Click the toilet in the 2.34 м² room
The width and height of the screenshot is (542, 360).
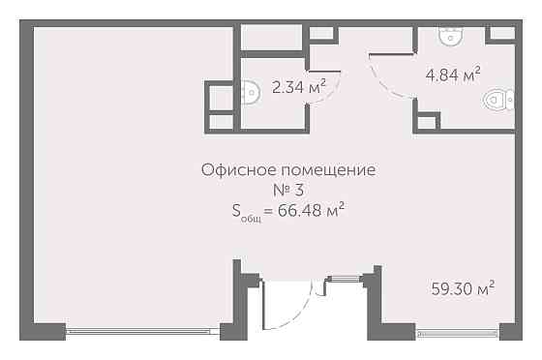pyautogui.click(x=251, y=94)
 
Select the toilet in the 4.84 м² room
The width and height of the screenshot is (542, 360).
pyautogui.click(x=499, y=99)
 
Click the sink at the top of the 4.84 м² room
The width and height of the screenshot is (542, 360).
pyautogui.click(x=450, y=37)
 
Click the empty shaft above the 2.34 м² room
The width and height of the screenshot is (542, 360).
pyautogui.click(x=272, y=38)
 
